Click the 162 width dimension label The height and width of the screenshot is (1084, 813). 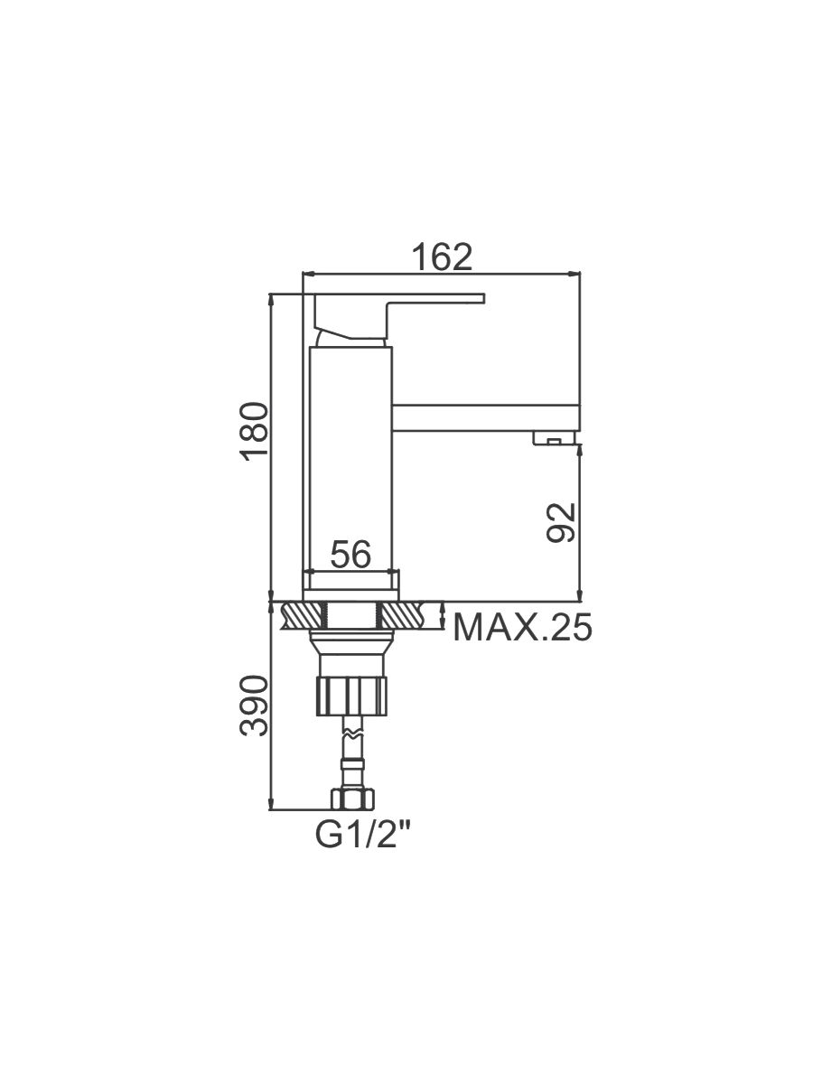pos(442,257)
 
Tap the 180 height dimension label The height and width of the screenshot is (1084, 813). pos(255,432)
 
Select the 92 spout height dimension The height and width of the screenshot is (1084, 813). pos(561,522)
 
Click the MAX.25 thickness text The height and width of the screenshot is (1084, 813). pos(522,628)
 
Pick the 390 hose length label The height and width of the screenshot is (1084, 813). pos(254,712)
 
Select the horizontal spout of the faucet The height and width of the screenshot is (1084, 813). pos(486,418)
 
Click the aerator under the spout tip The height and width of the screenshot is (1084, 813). pos(554,438)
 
